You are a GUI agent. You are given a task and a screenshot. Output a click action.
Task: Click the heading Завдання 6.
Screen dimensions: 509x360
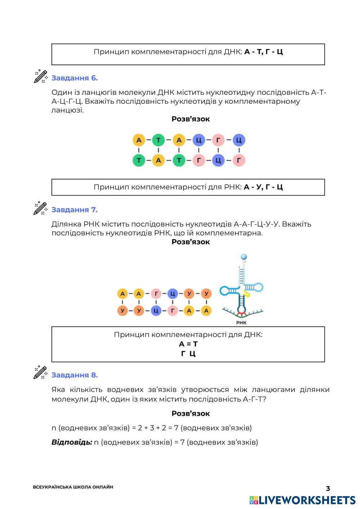click(75, 78)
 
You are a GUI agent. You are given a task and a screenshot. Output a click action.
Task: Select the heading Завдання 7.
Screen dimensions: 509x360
click(75, 210)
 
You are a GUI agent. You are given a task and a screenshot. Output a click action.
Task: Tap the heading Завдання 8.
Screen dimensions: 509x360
click(75, 375)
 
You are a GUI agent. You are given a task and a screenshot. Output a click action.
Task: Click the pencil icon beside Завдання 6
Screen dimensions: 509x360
click(41, 76)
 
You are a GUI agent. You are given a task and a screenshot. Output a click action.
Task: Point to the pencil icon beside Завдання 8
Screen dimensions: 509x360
click(41, 373)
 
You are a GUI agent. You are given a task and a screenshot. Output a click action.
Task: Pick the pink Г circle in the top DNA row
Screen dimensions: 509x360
click(219, 140)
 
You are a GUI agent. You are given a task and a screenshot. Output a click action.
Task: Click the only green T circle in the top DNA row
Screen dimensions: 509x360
click(158, 140)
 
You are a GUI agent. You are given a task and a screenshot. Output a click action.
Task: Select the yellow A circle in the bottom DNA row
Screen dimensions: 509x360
click(158, 160)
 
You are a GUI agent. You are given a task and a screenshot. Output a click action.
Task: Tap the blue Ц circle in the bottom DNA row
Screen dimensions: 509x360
click(219, 160)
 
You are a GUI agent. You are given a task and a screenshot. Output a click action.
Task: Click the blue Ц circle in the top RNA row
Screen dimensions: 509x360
click(173, 294)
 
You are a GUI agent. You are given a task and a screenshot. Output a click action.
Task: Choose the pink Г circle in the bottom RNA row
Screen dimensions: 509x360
click(173, 310)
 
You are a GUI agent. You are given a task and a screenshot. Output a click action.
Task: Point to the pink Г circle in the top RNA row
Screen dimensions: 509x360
click(156, 294)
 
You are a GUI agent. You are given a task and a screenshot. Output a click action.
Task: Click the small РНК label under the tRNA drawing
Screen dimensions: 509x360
click(241, 322)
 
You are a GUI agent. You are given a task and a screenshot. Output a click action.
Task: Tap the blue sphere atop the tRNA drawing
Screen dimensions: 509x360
click(244, 257)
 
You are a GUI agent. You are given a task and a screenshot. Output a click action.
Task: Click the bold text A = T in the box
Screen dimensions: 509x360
click(188, 344)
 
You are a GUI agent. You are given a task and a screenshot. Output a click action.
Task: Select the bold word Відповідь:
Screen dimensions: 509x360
click(72, 442)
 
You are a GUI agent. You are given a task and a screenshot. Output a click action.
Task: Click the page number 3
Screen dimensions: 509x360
click(328, 488)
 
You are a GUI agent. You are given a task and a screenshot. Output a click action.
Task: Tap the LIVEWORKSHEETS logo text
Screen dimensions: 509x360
click(307, 500)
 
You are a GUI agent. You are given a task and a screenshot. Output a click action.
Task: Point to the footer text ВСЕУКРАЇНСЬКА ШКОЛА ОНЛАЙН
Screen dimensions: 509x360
click(73, 487)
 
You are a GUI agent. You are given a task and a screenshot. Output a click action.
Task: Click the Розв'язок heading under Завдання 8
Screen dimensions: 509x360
click(190, 414)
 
